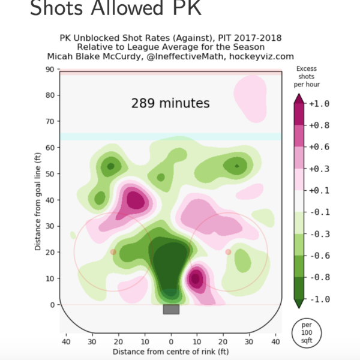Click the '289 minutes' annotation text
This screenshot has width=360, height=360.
point(170,103)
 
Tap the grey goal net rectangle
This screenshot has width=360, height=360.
point(171,310)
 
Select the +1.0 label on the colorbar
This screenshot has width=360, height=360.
point(319,103)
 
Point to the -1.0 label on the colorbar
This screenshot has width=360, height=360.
point(319,299)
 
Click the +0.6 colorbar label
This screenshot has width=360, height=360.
point(319,147)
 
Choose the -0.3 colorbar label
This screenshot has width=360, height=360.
point(319,234)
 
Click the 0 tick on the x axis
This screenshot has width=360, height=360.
point(171,341)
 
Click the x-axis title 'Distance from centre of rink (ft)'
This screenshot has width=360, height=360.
point(171,351)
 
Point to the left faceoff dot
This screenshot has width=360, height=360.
point(113,252)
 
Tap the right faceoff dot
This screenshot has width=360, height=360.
point(228,252)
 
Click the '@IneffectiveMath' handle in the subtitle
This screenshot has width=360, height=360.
point(198,56)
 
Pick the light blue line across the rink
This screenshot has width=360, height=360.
point(171,137)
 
